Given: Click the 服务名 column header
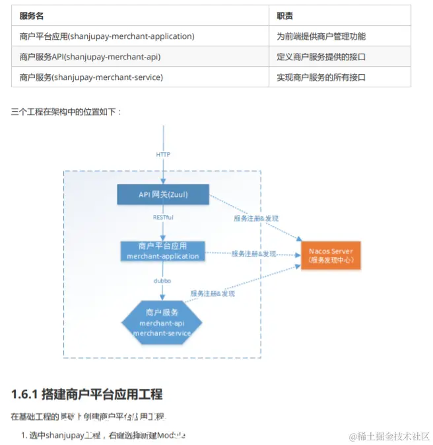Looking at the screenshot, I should coord(32,16).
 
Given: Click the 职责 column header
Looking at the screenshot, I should coord(285,16).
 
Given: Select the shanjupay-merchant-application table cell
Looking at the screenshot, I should coord(107,36).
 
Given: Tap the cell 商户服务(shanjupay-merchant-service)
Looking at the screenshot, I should coord(91,77).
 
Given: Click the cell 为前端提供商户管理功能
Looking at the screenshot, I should coord(321,36).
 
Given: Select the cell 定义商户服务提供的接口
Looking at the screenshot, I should coord(321,57).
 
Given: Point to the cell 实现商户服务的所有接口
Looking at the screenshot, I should coord(321,77).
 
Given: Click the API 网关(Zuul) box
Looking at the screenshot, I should coord(163,194).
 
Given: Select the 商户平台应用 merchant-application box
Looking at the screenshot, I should coord(162,251).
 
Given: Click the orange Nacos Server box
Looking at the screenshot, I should coord(331,255).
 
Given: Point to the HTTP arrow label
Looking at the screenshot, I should coord(163,155).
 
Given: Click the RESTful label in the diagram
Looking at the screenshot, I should coord(163,216).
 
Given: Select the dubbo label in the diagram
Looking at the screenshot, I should coord(162,280).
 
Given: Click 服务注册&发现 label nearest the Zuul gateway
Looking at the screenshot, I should coord(256,218).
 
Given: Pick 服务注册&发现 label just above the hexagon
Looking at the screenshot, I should coord(213,293).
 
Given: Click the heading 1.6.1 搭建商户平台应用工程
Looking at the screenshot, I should coord(86,395).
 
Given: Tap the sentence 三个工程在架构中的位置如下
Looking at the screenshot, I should coord(66,112).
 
